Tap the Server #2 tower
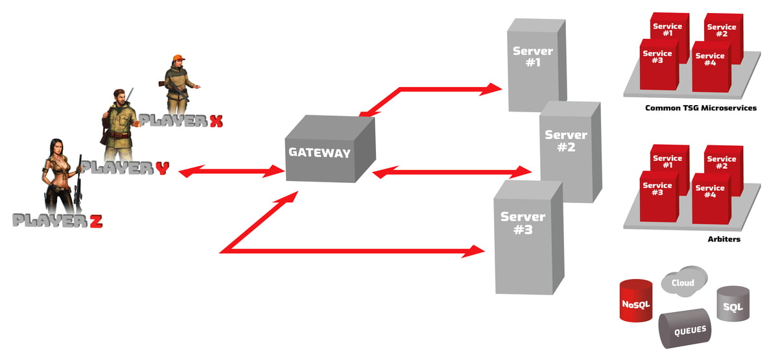click(x=565, y=149)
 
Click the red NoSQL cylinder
click(x=635, y=301)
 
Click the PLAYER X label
click(x=181, y=121)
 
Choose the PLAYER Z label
click(x=58, y=221)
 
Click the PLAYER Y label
click(x=126, y=168)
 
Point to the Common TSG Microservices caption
click(x=701, y=108)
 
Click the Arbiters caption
click(x=724, y=239)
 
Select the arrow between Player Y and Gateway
click(x=231, y=173)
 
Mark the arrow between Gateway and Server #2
click(x=453, y=173)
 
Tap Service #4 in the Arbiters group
click(x=709, y=194)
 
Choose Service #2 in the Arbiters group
click(x=721, y=162)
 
